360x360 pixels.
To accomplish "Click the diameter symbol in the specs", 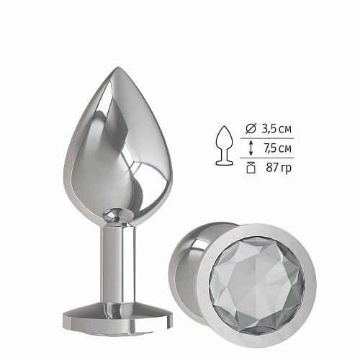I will [x=250, y=130].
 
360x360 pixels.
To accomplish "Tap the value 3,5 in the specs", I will [x=268, y=130].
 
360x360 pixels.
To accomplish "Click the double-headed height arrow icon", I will [x=250, y=149].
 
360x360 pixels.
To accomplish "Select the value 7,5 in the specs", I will [x=268, y=149].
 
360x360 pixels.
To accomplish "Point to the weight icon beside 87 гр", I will [x=250, y=168].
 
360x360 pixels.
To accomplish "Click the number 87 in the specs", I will [x=271, y=168].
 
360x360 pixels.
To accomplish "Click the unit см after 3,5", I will [x=285, y=130].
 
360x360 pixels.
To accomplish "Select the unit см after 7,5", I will [x=285, y=149].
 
